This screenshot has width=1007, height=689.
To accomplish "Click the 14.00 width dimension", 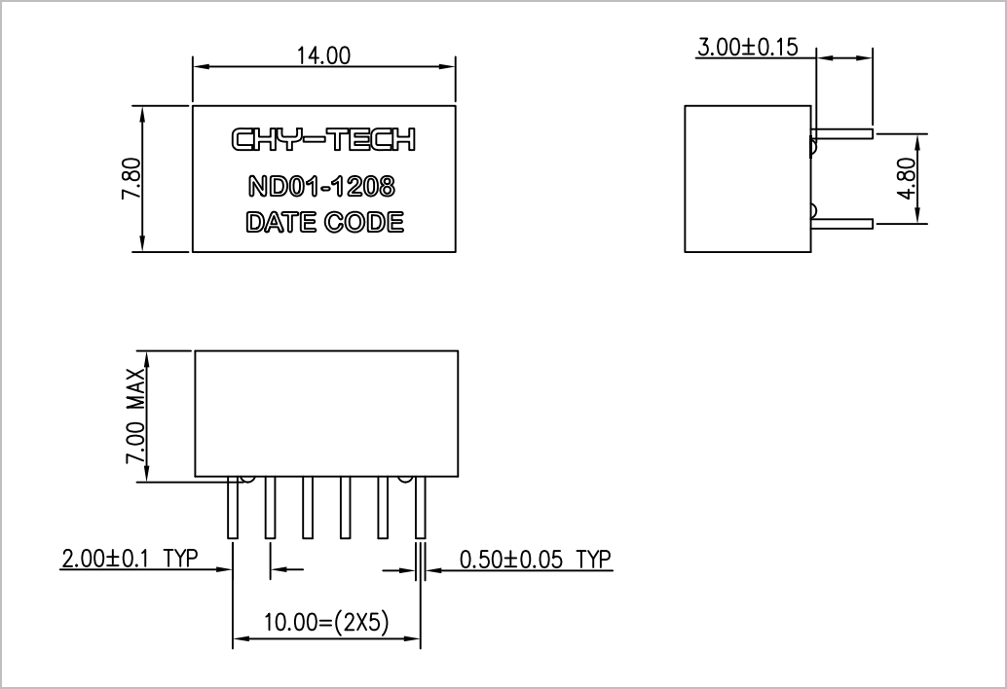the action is (x=323, y=55).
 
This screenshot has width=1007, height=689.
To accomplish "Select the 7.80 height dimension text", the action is (x=131, y=178).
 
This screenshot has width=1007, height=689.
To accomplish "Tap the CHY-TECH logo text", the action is (x=323, y=139).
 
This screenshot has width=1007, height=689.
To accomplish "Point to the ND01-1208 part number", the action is (x=321, y=187).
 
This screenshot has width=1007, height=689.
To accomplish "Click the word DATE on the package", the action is (x=281, y=223).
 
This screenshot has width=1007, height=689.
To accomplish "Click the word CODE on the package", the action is (x=364, y=223).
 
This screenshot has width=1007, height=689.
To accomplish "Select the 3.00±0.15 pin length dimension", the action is (x=748, y=48).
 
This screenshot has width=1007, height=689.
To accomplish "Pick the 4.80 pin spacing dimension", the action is (x=907, y=178).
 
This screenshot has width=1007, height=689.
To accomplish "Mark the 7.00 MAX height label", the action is (x=134, y=416).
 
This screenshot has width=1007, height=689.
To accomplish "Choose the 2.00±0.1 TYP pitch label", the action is (x=130, y=559).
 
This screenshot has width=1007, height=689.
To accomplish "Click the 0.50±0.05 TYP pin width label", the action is (x=535, y=560).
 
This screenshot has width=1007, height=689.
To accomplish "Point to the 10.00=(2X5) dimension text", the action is (x=326, y=622).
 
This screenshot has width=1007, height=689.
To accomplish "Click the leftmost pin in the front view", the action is (x=233, y=507).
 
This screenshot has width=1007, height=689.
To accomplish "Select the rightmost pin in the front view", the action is (x=420, y=507).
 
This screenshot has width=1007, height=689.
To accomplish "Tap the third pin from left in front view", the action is (x=308, y=507).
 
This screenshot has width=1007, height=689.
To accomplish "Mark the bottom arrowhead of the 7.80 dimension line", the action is (x=142, y=243).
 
